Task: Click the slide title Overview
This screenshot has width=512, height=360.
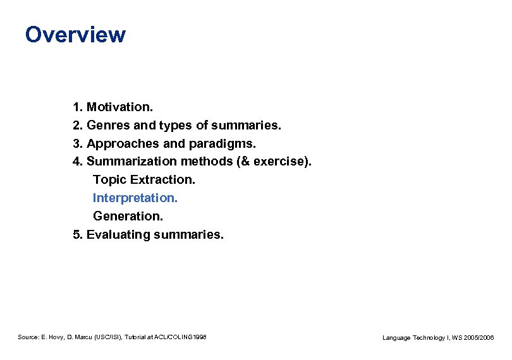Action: (x=75, y=34)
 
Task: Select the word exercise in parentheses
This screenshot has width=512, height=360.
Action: (x=280, y=162)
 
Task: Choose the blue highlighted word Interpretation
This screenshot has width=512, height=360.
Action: (x=135, y=198)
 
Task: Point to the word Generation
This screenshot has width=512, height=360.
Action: (x=128, y=217)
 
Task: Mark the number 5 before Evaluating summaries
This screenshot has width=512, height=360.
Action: (x=76, y=235)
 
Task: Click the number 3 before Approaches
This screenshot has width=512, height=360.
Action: (x=76, y=143)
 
